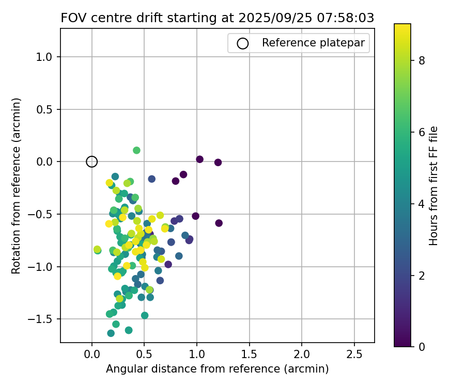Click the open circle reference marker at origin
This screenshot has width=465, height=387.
coord(91,162)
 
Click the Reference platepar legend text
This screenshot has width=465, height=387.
coord(315,43)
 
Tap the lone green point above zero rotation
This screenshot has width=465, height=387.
coord(136,150)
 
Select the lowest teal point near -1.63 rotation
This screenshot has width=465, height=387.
coord(111,333)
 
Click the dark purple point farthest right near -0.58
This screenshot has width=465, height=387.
coord(219,223)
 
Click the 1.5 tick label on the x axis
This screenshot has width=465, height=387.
coord(250,354)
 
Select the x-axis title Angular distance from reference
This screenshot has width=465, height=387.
coord(217,369)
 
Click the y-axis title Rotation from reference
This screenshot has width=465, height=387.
coord(17,186)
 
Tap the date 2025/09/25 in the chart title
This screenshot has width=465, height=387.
coord(269,18)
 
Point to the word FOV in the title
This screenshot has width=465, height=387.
coord(72,18)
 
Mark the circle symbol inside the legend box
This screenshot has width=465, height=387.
coord(242,43)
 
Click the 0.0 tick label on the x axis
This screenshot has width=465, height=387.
coord(91,354)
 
